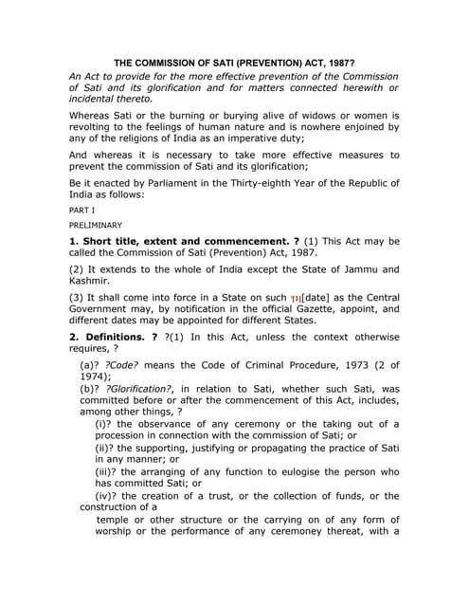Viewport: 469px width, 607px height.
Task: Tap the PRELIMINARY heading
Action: click(x=96, y=226)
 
